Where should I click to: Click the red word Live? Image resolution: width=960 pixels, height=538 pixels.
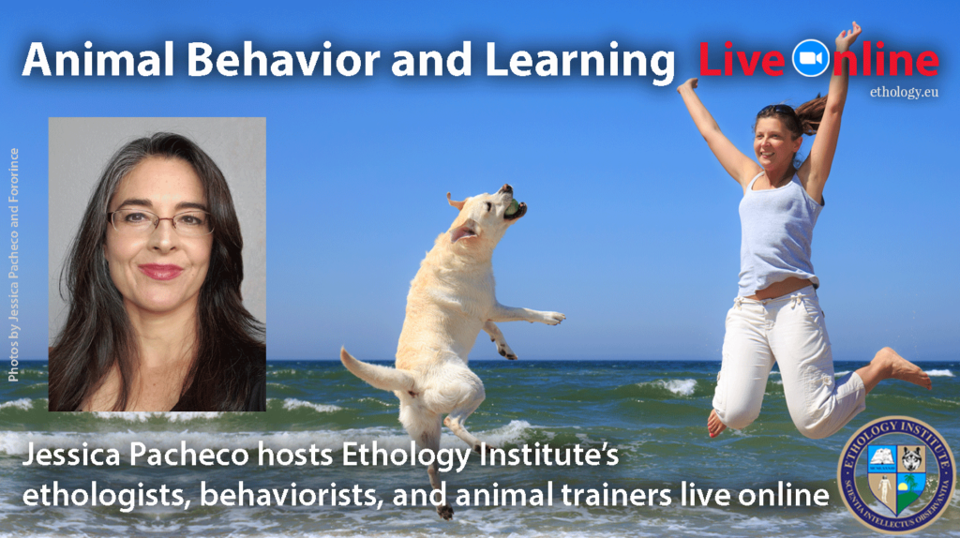tap(742, 61)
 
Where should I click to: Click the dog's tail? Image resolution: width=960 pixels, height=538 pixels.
tap(370, 369)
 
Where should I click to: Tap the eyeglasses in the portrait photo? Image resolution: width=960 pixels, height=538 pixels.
tap(159, 221)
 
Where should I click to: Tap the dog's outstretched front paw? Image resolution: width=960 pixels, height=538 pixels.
tap(553, 319)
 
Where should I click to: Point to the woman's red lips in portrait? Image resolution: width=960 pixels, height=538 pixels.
tap(160, 272)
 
